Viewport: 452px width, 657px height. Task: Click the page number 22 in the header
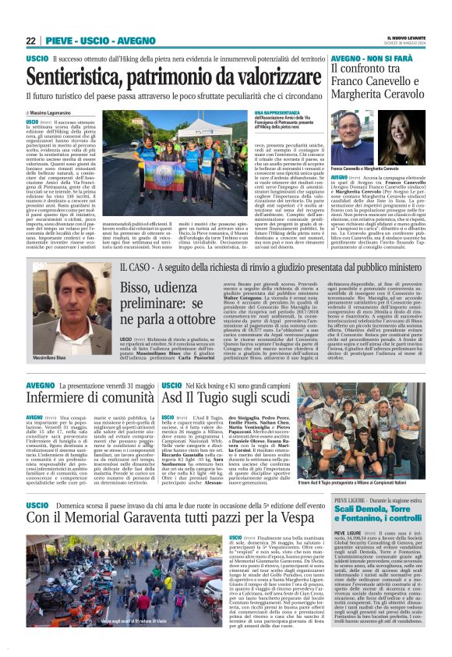(31, 41)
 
